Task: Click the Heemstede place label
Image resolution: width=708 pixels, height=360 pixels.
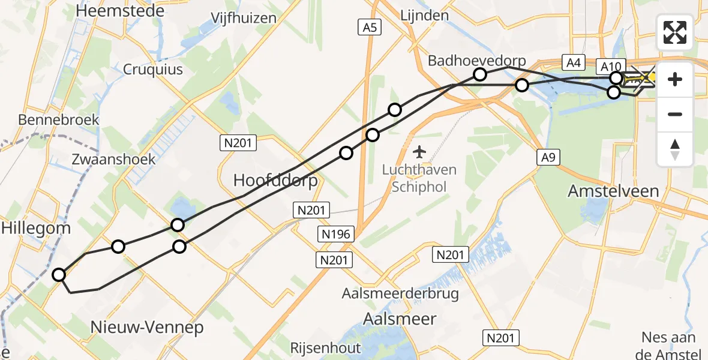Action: click(112, 10)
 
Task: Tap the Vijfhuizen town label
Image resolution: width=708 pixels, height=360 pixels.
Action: click(244, 17)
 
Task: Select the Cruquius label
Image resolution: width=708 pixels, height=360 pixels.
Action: click(153, 70)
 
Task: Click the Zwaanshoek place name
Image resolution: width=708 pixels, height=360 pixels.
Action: click(113, 159)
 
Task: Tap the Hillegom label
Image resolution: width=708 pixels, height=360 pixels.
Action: click(36, 227)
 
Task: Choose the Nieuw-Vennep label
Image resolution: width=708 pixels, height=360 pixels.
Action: click(147, 327)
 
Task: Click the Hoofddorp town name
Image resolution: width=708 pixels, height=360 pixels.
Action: click(275, 180)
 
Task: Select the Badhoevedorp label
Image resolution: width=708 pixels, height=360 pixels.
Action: click(476, 61)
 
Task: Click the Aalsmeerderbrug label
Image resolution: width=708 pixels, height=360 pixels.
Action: click(400, 293)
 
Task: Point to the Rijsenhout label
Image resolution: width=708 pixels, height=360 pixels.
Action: click(325, 347)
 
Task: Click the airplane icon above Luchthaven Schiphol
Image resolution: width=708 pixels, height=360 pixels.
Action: click(420, 149)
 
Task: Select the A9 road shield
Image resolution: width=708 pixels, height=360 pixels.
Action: click(546, 158)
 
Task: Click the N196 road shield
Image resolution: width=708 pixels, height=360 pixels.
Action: click(337, 234)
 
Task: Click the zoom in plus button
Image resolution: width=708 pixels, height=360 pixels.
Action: click(675, 79)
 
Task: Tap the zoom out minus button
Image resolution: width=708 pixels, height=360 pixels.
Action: click(675, 114)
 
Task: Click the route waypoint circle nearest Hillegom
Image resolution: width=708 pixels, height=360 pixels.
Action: click(59, 275)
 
